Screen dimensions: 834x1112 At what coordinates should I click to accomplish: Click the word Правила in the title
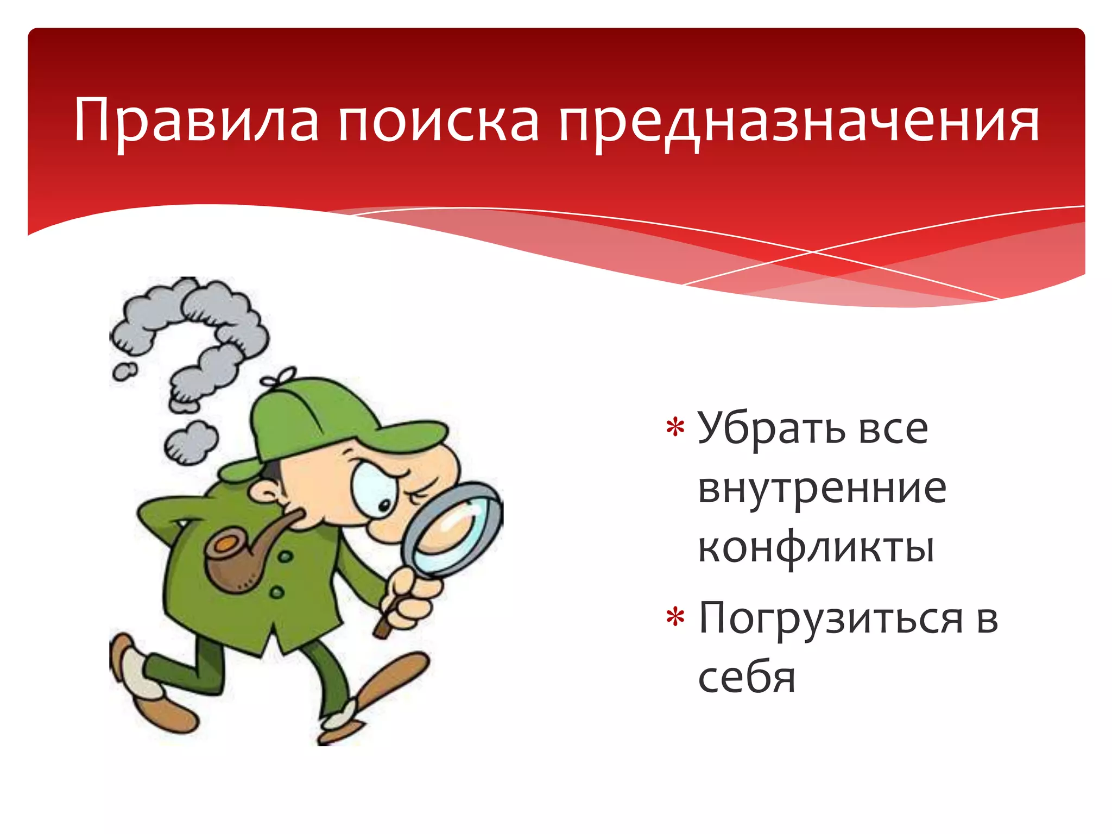195,121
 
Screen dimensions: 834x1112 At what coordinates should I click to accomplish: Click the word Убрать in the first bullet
771,429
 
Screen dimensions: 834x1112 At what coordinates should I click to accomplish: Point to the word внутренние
822,489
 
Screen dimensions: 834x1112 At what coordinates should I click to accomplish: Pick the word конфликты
816,547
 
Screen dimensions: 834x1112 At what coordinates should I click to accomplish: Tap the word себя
747,679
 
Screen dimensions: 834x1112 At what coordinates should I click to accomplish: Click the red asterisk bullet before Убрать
675,428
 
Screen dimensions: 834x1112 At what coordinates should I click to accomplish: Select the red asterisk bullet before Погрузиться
675,618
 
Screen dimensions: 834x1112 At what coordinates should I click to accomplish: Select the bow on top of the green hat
279,377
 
